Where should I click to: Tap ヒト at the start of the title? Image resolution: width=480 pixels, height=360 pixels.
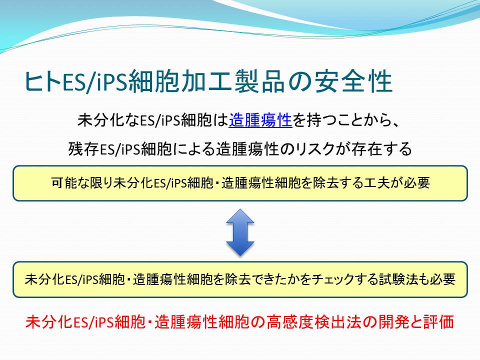43,82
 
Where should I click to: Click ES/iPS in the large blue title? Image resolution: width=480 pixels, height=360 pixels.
95,82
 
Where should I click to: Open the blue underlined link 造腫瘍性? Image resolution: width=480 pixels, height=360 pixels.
260,120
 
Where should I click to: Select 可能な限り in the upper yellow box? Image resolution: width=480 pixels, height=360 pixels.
81,183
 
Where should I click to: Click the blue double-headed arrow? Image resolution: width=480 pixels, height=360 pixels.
240,232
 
